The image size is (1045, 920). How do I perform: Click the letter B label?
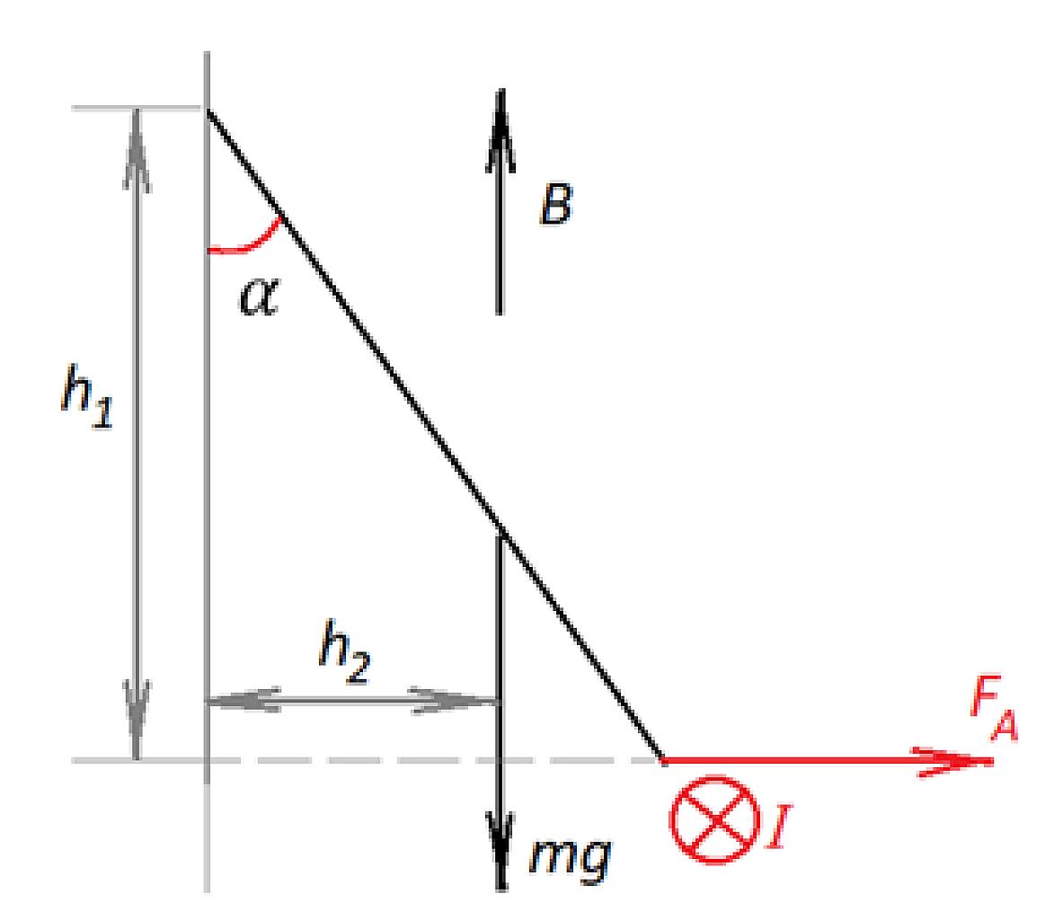(556, 204)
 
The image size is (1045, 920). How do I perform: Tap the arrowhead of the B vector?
(500, 130)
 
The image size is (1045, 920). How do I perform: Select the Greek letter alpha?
(260, 295)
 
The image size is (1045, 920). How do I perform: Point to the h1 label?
(87, 396)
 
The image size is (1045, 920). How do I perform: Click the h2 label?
(344, 650)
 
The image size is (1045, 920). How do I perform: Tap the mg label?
(571, 857)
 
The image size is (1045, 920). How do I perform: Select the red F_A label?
(994, 708)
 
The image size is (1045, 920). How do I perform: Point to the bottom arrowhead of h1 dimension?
(137, 720)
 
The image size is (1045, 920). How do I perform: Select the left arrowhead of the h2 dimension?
(244, 700)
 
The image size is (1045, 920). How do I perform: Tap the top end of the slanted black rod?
(208, 110)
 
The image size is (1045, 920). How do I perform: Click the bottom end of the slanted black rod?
(664, 759)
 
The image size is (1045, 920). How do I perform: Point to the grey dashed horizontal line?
(367, 760)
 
